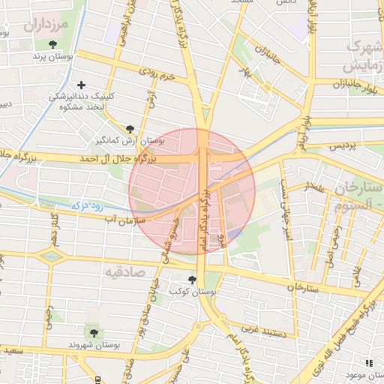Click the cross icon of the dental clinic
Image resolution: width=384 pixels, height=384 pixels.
81,85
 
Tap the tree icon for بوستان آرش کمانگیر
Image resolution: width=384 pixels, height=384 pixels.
131,128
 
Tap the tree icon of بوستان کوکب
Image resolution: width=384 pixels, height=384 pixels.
193,280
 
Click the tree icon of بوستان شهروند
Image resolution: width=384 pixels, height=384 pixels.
93,333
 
